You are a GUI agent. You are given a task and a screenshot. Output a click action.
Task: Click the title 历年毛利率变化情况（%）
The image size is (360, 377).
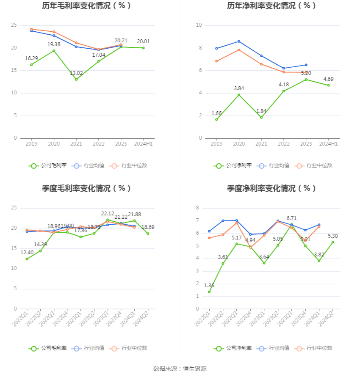86,6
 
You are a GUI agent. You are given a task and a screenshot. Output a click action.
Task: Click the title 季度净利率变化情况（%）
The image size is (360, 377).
271,188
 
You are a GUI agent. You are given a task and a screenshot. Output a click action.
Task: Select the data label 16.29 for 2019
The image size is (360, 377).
31,58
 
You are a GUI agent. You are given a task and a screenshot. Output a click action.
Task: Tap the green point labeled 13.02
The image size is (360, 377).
76,80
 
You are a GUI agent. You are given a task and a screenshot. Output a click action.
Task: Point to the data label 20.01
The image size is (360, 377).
143,41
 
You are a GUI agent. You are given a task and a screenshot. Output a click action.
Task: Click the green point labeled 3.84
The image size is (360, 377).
239,95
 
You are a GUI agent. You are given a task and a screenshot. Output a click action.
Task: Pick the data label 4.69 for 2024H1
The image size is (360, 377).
328,79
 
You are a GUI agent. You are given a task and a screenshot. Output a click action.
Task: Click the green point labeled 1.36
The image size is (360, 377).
209,292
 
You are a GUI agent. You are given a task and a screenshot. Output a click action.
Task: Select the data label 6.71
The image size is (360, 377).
291,218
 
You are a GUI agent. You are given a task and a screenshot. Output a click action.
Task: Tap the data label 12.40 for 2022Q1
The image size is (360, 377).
27,252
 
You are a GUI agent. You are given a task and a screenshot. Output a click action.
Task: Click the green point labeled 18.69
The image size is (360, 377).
148,234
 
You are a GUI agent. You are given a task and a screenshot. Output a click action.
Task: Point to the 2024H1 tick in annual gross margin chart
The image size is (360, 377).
143,144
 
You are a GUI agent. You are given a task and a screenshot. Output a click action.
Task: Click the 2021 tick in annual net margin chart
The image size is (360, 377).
261,144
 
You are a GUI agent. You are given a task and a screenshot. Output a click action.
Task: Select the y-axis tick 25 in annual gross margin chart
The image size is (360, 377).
14,25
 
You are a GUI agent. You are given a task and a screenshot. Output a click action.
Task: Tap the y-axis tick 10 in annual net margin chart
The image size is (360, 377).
199,25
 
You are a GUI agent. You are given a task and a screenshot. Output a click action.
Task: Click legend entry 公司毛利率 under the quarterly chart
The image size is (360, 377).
48,348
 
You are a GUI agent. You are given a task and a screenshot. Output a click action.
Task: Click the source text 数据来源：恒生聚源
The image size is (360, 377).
180,369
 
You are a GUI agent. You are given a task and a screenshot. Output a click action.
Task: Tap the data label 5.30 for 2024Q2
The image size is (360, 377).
333,236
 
